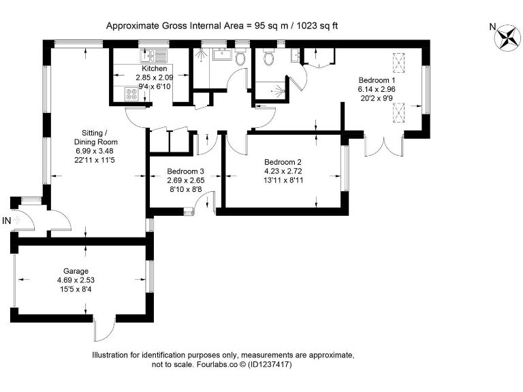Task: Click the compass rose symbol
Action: (x=507, y=37)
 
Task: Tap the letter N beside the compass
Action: (x=492, y=27)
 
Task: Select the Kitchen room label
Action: (x=154, y=69)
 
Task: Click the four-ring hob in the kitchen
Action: (x=130, y=96)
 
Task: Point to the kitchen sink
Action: (x=149, y=54)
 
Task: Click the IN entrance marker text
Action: (x=7, y=220)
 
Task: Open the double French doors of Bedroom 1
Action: (x=385, y=146)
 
